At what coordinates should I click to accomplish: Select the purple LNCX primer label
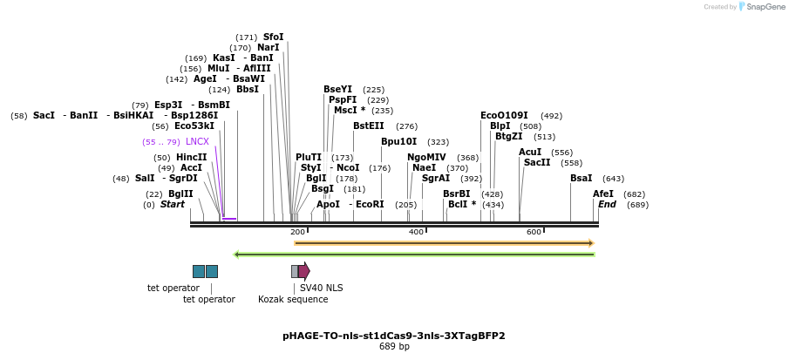pos(197,141)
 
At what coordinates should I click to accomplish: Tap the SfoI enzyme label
pos(273,37)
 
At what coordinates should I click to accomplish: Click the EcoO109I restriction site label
pos(504,115)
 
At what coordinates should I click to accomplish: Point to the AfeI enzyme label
pos(603,194)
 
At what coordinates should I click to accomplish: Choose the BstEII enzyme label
pos(368,126)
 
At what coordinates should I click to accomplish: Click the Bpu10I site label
pos(398,141)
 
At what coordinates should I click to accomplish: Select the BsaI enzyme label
pos(581,178)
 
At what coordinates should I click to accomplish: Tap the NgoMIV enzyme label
pos(426,157)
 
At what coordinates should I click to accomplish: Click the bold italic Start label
pos(173,204)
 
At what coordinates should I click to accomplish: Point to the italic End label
pos(607,204)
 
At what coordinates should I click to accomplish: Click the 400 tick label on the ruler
pos(416,232)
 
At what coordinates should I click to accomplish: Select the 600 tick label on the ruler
pos(534,232)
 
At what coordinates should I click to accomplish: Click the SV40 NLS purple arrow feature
pos(303,271)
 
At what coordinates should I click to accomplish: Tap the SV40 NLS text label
pos(321,288)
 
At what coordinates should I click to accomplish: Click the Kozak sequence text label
pos(293,299)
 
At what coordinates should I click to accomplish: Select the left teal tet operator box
pos(199,271)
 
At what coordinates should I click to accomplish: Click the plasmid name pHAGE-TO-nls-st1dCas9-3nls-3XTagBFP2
pos(393,336)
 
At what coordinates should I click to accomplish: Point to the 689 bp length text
pos(393,347)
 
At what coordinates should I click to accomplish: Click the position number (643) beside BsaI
pos(613,179)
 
